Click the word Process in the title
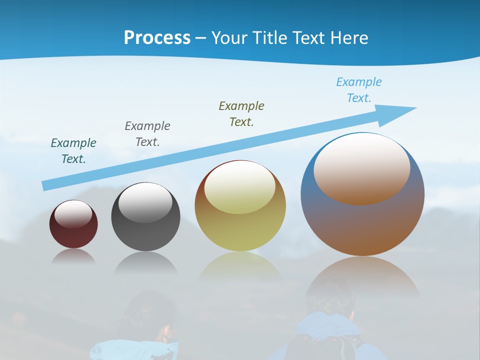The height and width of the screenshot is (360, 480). point(157,37)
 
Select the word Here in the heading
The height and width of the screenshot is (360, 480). point(347,37)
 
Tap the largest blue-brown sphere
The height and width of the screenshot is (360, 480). point(362,225)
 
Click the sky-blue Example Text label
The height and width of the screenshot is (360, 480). point(359,90)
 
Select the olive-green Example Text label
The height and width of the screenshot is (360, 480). point(241,113)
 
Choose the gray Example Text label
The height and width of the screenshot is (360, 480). point(147,133)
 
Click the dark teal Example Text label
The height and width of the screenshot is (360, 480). point(73,150)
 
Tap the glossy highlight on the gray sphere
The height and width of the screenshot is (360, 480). point(145,202)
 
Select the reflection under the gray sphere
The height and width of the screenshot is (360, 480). point(145,262)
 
